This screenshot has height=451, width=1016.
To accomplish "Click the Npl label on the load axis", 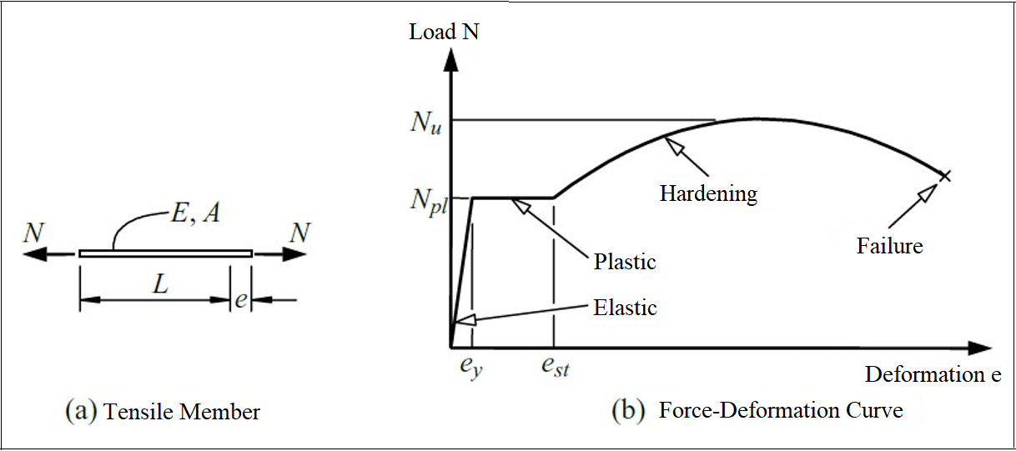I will (427, 200).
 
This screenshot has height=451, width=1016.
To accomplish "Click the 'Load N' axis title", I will (444, 33).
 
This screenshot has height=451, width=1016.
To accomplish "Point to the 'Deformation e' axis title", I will (933, 374).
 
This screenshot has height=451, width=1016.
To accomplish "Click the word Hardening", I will (708, 194).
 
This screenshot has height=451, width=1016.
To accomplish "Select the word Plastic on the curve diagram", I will (625, 262).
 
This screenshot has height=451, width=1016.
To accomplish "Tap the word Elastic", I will (625, 307).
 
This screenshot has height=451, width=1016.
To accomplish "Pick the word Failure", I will (889, 246).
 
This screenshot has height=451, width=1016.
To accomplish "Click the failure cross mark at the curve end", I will (944, 175).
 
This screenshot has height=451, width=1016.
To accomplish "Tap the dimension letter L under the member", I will (161, 284).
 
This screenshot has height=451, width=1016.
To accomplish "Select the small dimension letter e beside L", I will (240, 300).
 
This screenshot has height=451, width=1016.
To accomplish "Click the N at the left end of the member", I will (33, 233).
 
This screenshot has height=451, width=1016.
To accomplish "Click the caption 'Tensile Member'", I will (182, 411).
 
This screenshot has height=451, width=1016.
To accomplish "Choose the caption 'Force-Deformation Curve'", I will (780, 410).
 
